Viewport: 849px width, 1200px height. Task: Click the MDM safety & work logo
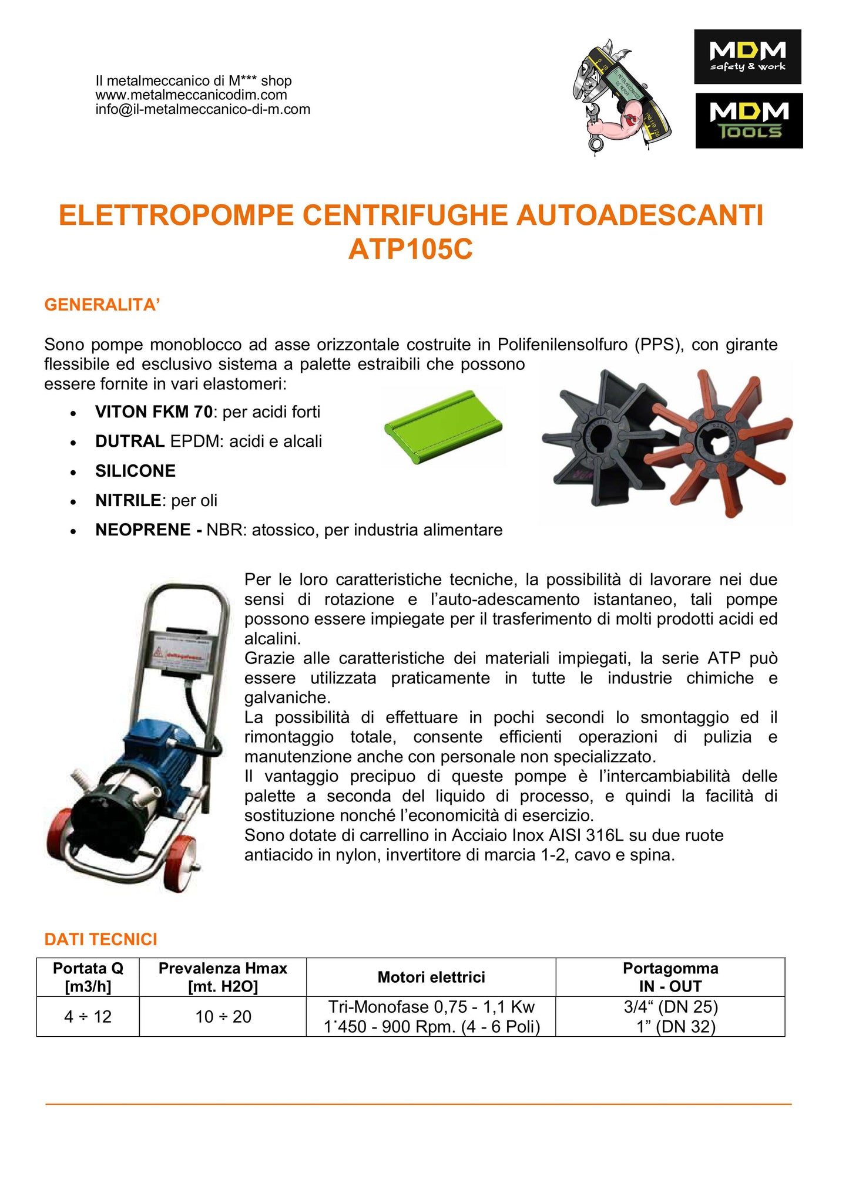[x=747, y=56]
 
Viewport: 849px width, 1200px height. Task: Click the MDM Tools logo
[x=749, y=120]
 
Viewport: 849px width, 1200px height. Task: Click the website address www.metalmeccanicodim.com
[x=191, y=95]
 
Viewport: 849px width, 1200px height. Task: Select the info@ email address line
[x=203, y=110]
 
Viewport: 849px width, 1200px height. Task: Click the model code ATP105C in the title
[x=410, y=250]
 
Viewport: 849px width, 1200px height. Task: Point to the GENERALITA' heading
[x=102, y=305]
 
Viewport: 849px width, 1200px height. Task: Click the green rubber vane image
[x=444, y=426]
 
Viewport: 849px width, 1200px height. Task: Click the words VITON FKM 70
[x=153, y=412]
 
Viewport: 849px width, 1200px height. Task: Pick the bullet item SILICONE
[x=135, y=471]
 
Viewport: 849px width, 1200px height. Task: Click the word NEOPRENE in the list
[x=143, y=530]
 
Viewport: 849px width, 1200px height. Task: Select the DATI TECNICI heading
[x=100, y=939]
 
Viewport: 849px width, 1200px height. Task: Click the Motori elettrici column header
[x=431, y=977]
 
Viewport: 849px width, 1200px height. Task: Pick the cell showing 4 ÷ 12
[x=88, y=1016]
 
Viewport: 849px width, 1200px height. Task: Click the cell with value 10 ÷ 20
[x=223, y=1016]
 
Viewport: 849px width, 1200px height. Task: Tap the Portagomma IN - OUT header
[x=670, y=977]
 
